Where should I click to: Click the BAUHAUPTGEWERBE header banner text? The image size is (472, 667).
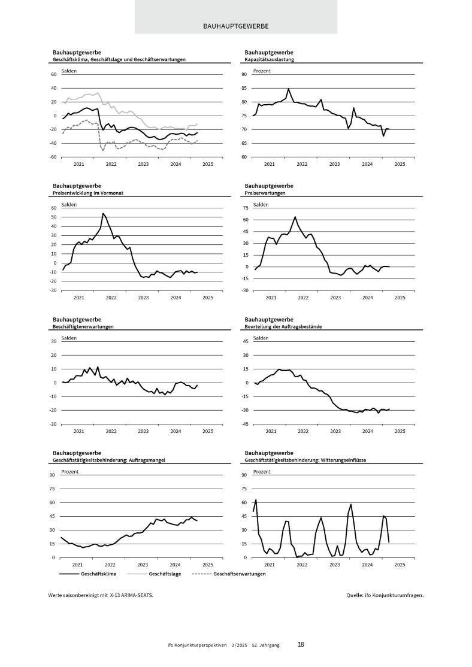(235, 26)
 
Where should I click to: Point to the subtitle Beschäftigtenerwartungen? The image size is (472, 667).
(83, 327)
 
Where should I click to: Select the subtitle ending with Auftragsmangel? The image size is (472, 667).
(109, 460)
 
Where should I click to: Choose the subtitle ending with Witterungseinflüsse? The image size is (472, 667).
(305, 460)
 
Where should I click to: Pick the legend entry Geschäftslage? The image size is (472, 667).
(165, 574)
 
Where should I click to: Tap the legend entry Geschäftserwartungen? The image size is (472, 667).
(240, 574)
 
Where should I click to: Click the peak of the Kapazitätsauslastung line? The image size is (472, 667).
(288, 89)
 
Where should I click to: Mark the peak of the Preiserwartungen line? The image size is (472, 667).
(295, 217)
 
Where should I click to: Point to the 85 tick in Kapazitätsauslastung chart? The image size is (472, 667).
(244, 89)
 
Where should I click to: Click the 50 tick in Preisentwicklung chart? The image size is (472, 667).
(53, 217)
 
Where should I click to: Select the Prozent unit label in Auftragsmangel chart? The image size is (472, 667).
(69, 472)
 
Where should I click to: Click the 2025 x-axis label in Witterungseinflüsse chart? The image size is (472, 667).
(400, 565)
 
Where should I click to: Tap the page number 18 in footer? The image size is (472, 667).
(301, 645)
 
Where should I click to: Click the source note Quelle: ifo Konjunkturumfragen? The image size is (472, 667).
(385, 596)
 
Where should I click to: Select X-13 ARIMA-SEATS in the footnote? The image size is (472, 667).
(127, 596)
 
